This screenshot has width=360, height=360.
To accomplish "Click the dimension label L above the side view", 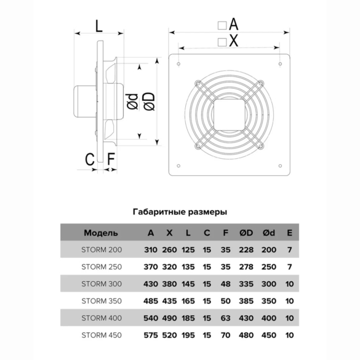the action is [98, 26].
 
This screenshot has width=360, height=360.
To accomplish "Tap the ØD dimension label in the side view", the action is [150, 102].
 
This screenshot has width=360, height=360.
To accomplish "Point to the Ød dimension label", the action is [133, 102].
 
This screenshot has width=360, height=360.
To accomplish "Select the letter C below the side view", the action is [90, 159].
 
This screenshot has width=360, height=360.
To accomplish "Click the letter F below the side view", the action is [111, 159].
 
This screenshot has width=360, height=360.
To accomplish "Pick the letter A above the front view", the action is [234, 24].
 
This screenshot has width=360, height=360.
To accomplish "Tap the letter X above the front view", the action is [233, 41].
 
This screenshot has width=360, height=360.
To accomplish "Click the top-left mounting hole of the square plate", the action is [178, 64].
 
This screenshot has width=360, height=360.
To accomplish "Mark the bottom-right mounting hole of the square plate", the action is [280, 166].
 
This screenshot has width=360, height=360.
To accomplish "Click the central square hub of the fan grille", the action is [230, 114].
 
